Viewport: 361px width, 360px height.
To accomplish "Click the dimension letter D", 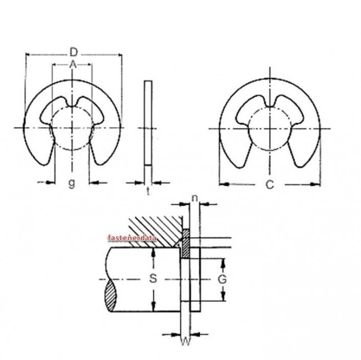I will (x=73, y=52).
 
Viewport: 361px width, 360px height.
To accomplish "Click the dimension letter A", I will (x=72, y=65).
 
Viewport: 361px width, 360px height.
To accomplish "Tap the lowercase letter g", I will (x=71, y=184).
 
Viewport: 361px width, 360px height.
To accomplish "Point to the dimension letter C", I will (x=269, y=186).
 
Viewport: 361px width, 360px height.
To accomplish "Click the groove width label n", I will (x=194, y=197).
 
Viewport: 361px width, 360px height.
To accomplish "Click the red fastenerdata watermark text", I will (x=134, y=237).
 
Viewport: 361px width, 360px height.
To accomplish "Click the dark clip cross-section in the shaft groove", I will (x=185, y=244).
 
